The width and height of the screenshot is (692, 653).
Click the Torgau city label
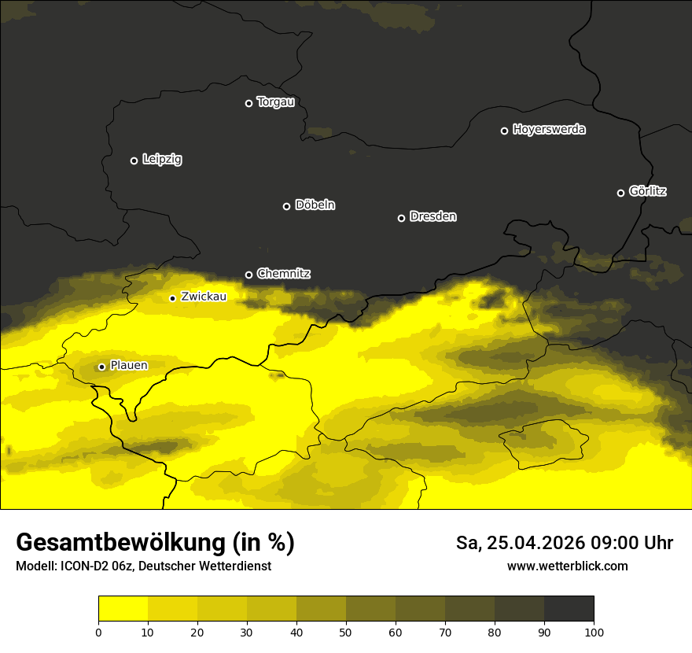click(x=275, y=102)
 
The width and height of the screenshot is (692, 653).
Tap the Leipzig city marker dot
click(x=134, y=160)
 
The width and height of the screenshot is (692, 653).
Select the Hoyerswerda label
click(x=549, y=130)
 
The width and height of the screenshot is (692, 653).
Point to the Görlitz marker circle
click(x=620, y=193)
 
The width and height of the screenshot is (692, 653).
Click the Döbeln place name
click(x=315, y=205)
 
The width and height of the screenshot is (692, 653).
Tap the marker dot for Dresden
click(x=401, y=218)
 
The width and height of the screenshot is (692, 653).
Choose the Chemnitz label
click(x=283, y=274)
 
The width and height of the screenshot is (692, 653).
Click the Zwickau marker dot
click(x=172, y=298)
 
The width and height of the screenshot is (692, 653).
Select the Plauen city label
click(x=128, y=365)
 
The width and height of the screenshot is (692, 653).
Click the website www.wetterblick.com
click(x=567, y=566)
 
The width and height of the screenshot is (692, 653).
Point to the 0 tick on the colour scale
click(x=98, y=632)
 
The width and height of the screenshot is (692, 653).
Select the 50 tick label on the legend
click(x=346, y=632)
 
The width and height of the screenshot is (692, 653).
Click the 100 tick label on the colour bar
click(x=594, y=632)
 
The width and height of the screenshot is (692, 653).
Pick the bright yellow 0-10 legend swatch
click(x=123, y=608)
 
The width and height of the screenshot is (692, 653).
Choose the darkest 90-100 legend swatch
click(x=569, y=608)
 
